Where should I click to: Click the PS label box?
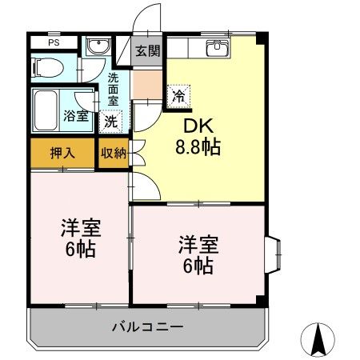54,42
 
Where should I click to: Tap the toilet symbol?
47,67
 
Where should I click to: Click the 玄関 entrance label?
146,52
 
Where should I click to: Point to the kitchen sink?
217,48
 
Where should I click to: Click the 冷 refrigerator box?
178,95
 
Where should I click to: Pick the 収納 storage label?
113,153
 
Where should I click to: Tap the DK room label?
200,126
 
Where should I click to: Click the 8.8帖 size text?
199,147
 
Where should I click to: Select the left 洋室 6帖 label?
78,238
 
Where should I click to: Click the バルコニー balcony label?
147,326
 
